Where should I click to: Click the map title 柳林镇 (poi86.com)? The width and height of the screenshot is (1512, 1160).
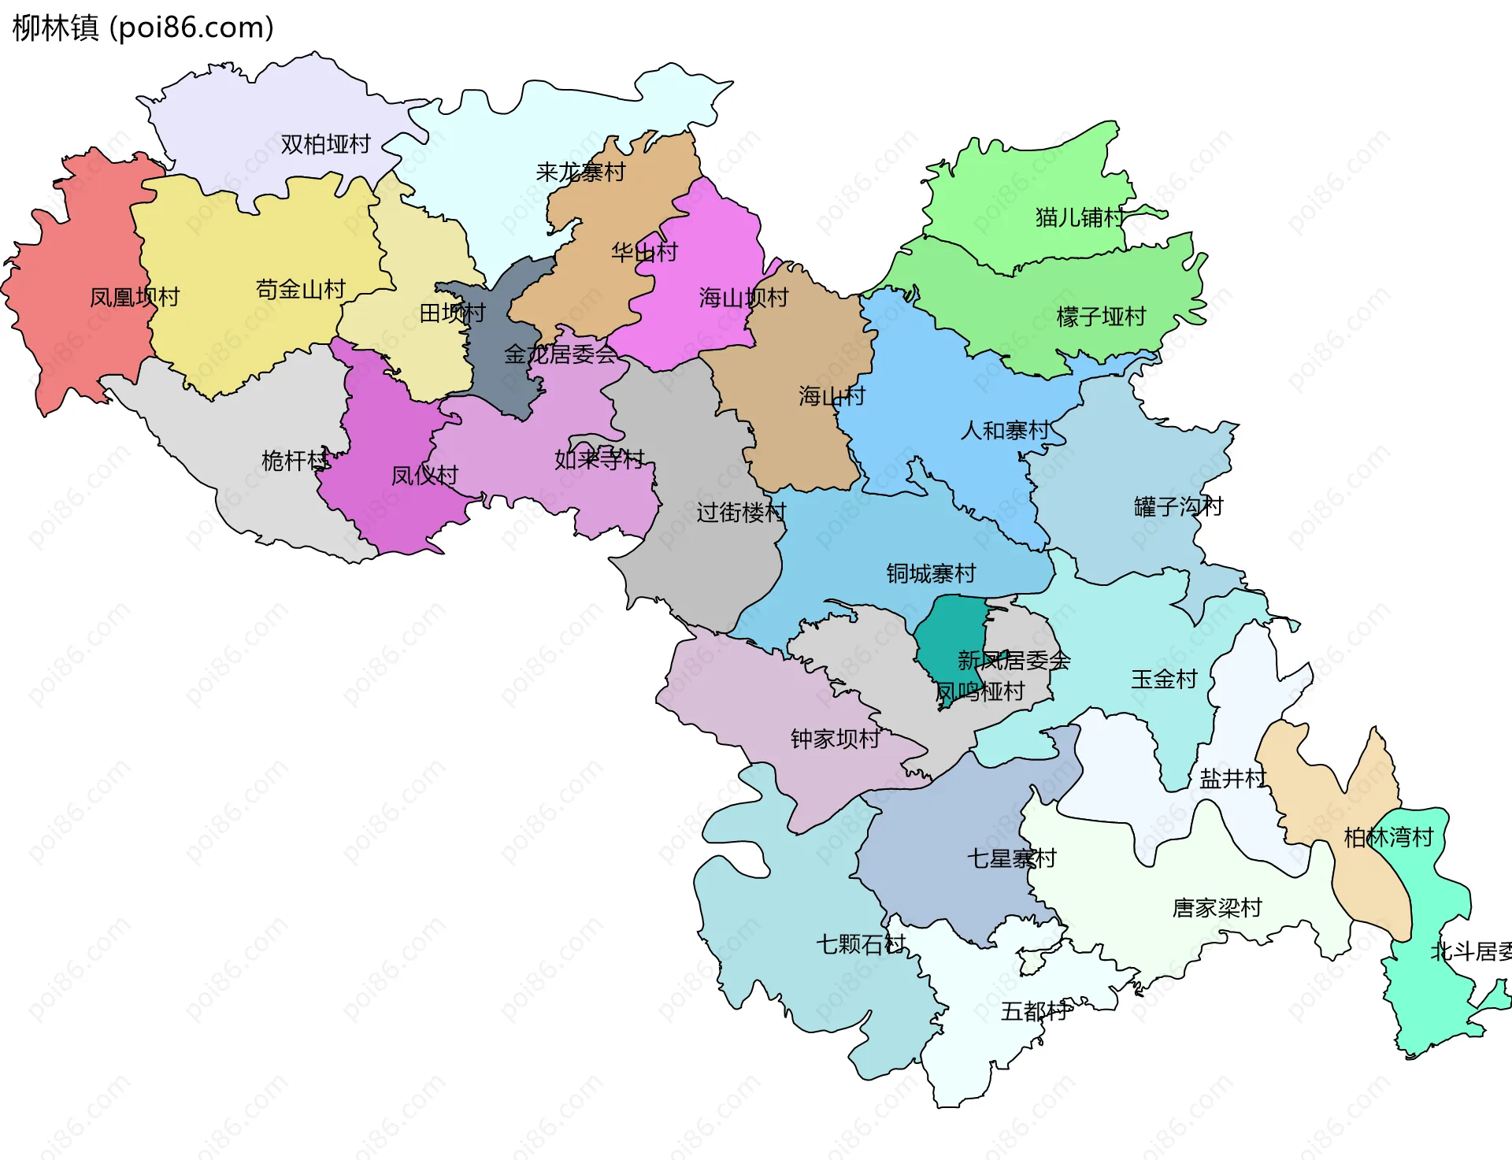143,28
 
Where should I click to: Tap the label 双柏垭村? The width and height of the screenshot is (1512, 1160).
325,144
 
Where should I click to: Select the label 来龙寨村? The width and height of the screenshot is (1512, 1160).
580,172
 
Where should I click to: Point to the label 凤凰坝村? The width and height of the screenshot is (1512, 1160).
135,297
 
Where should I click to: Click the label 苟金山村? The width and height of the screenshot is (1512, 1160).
300,289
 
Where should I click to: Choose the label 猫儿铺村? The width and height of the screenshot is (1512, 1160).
1080,217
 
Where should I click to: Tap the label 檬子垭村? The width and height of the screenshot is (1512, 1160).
1100,317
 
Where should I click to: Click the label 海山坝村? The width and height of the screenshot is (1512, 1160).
743,297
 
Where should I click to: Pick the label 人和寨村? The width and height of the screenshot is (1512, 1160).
1005,430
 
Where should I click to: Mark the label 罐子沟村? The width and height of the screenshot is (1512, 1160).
1178,506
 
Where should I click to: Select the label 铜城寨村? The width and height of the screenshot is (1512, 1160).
931,573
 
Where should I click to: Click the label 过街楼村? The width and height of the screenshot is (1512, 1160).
740,512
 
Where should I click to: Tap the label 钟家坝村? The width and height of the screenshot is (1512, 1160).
835,738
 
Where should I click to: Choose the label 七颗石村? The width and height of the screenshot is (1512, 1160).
861,943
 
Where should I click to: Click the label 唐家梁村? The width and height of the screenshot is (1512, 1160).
1217,907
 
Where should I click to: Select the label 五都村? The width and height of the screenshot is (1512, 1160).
1035,1010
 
